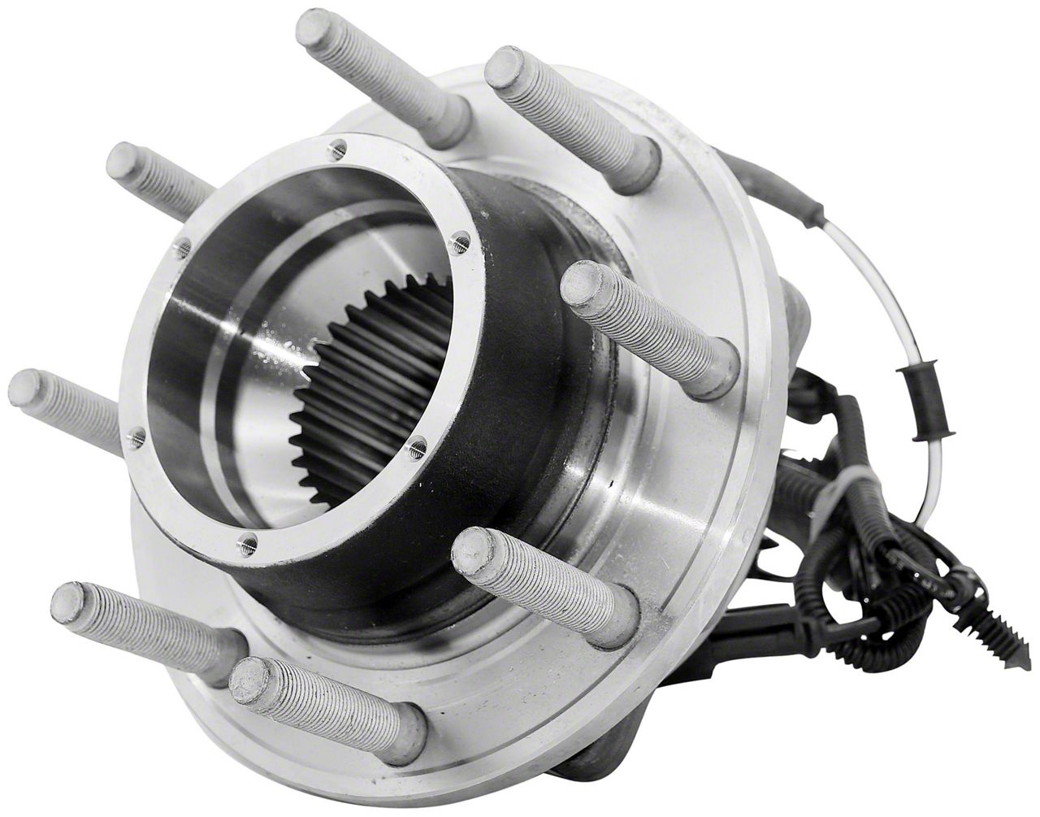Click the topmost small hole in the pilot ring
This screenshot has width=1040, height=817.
340,148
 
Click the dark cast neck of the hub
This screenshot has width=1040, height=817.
520,390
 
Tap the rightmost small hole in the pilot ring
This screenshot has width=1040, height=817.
461,241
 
